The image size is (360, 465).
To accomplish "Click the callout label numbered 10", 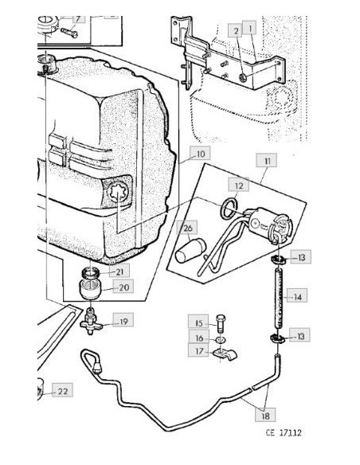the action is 200,154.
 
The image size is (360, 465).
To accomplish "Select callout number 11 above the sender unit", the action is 267,161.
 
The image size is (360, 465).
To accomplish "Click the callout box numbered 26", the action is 187,228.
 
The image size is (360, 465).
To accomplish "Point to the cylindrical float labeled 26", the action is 190,250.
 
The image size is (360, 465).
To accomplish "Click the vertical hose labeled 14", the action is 279,298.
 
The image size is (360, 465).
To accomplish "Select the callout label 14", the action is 297,296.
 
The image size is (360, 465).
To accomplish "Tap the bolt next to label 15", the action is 221,324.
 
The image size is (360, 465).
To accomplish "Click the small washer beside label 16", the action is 221,338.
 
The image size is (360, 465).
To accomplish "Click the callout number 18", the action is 265,415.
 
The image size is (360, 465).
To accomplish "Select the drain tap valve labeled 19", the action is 91,322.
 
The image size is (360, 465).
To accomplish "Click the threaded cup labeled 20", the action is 91,288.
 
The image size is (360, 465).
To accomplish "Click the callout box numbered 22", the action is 63,390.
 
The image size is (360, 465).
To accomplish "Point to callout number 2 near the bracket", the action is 236,30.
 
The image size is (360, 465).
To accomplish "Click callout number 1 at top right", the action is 249,28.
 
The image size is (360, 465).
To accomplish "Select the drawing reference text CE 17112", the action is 284,432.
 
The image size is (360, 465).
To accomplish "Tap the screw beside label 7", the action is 69,33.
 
